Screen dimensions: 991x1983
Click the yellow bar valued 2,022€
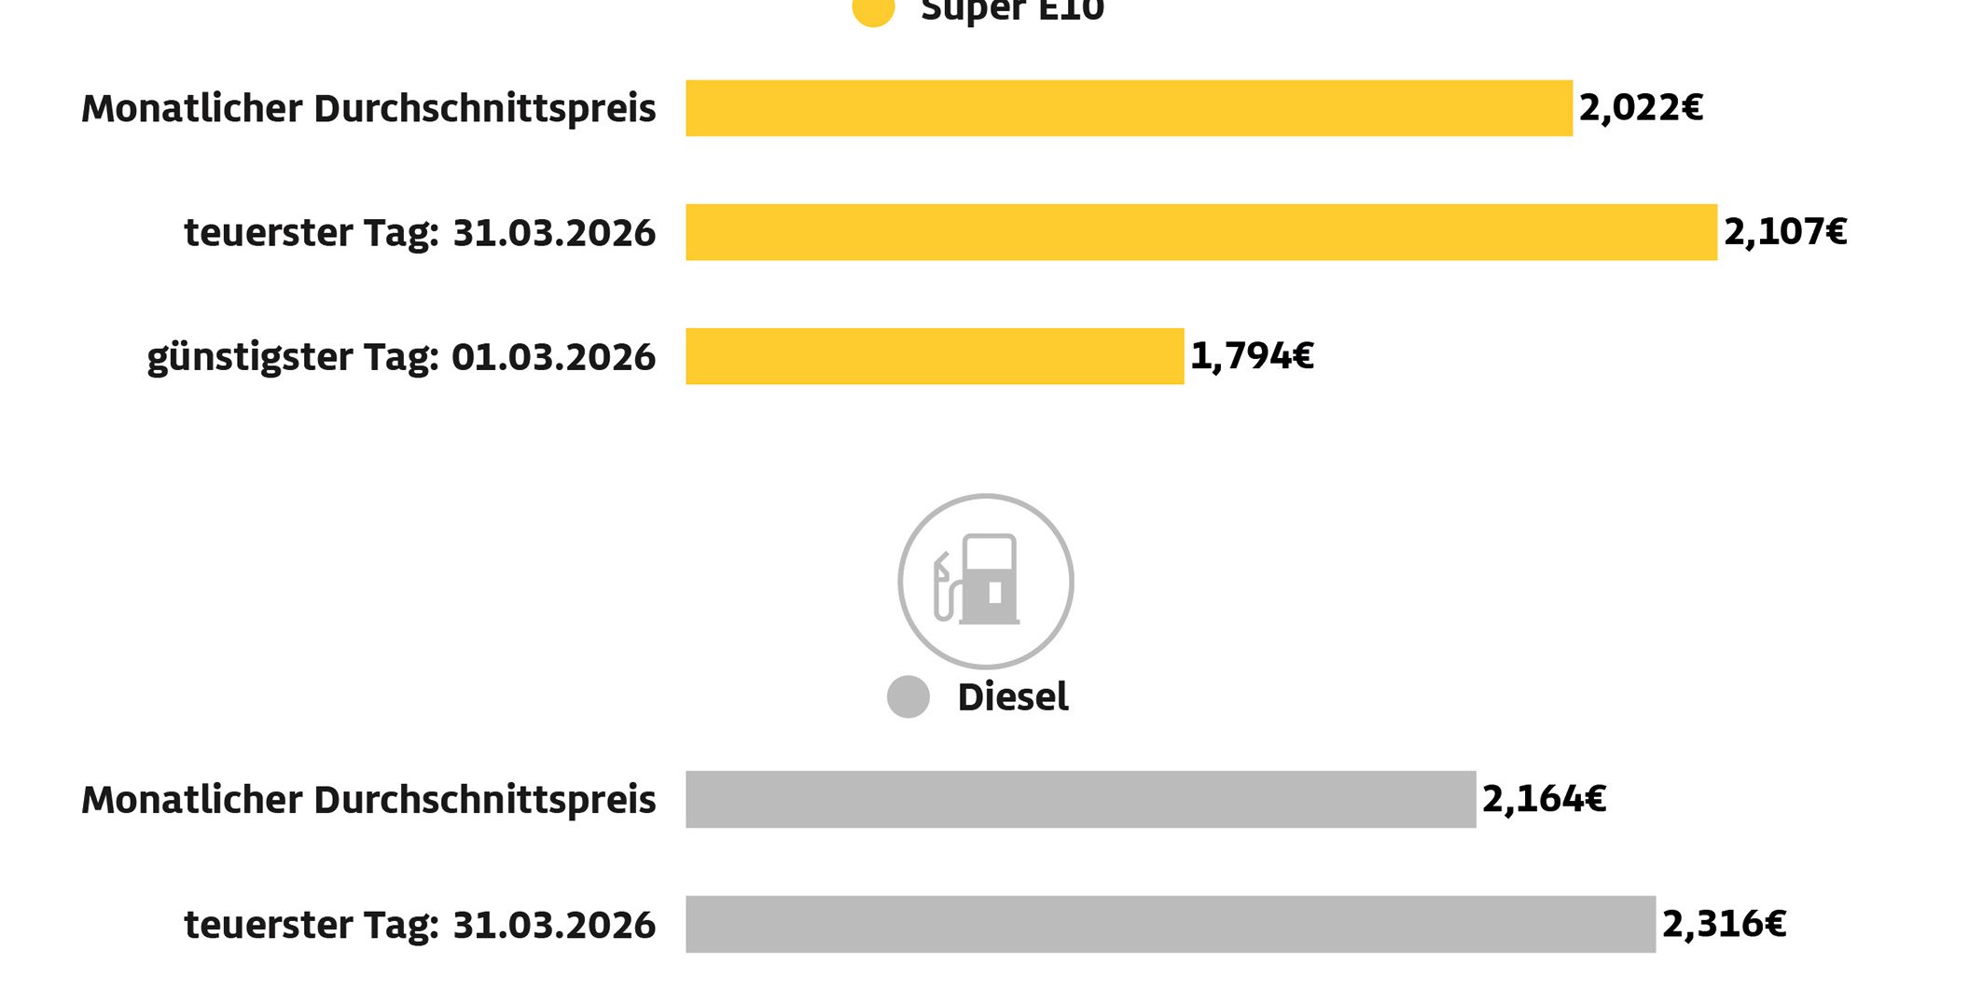[1129, 108]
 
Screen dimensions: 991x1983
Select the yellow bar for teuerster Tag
[1200, 232]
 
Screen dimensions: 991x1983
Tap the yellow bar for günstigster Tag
[935, 356]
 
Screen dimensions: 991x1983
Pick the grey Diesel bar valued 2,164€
[1080, 799]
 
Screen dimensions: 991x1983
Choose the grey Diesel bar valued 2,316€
[1170, 924]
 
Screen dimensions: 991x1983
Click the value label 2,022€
[1641, 108]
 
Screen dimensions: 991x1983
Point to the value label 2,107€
[1784, 232]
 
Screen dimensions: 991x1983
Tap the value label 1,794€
[1252, 356]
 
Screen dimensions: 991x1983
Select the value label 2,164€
[1544, 799]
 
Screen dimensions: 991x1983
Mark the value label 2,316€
[1724, 924]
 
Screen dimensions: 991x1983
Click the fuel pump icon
[985, 581]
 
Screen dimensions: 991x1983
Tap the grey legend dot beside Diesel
[908, 696]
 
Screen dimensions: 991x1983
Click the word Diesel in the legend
[1013, 697]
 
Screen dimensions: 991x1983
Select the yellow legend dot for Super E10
[873, 9]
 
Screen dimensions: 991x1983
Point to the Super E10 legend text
[1012, 9]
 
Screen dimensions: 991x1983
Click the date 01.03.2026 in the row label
[553, 357]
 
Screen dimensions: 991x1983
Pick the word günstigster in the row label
[249, 358]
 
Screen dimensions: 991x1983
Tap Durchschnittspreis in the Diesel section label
[485, 800]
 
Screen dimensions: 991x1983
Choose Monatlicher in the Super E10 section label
[191, 108]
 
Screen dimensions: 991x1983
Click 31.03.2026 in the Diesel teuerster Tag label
[554, 925]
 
